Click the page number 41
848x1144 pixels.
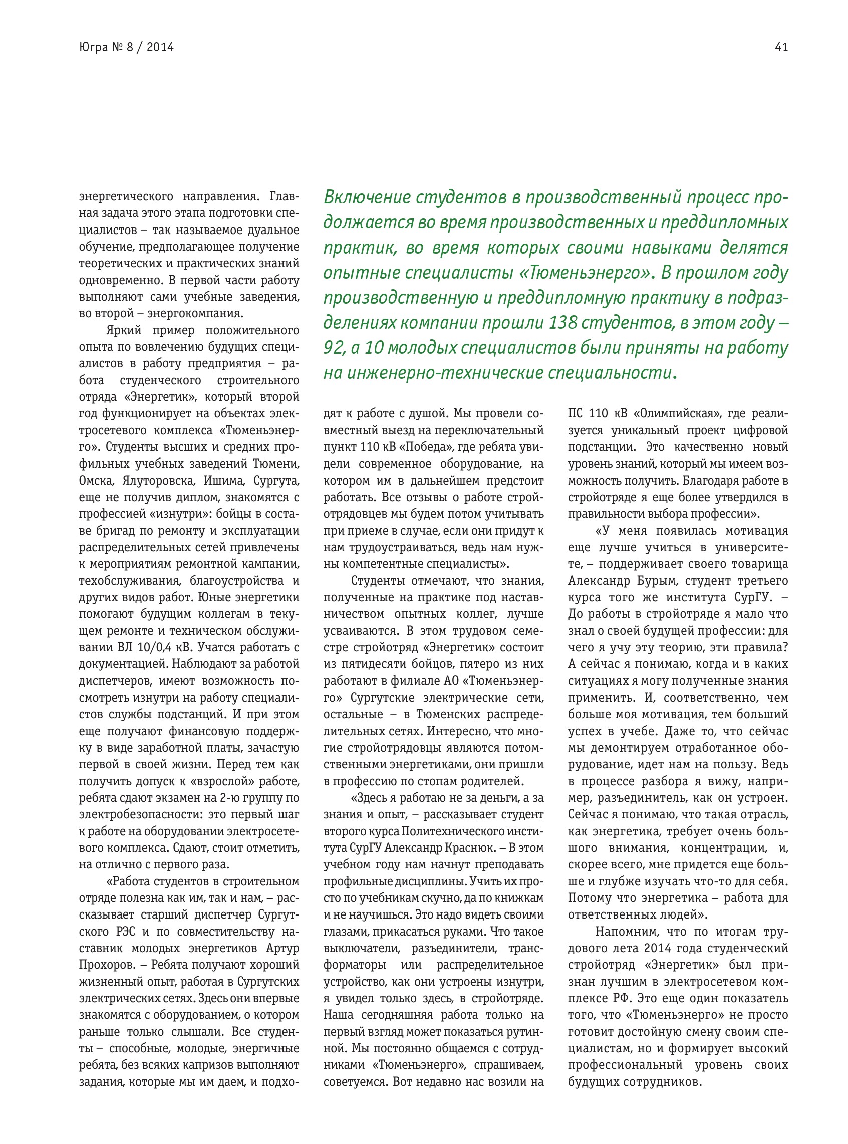[781, 47]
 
